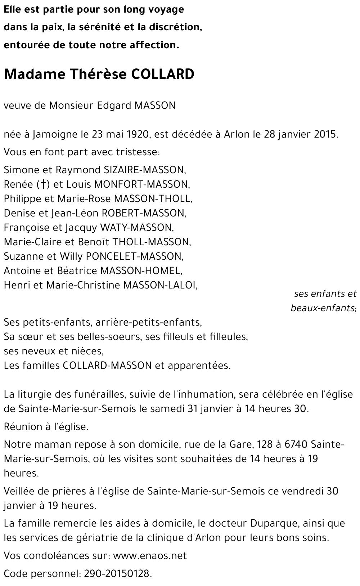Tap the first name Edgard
[114, 106]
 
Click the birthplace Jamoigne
[55, 135]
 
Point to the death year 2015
[325, 134]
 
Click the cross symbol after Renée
[43, 184]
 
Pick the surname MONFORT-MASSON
[141, 184]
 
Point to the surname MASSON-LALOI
[160, 285]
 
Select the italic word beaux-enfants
[323, 308]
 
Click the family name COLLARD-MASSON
[107, 366]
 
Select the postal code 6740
[296, 444]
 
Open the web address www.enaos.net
[150, 556]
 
